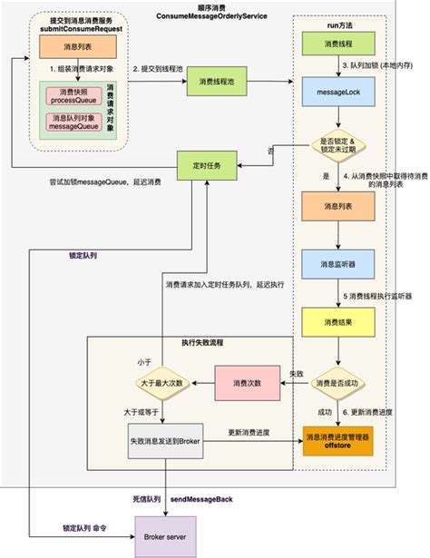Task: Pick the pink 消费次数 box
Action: pyautogui.click(x=244, y=384)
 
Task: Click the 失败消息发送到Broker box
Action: pyautogui.click(x=163, y=442)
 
